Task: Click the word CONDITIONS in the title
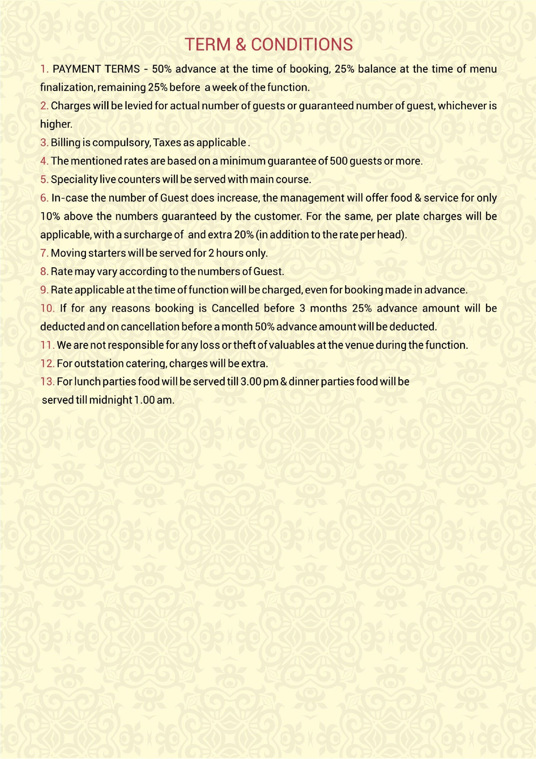point(302,45)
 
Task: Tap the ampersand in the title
point(241,45)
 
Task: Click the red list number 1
point(44,69)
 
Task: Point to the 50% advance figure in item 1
point(162,69)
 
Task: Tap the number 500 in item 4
point(339,161)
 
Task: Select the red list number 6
point(44,198)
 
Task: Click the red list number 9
point(44,290)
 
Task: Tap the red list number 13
point(47,382)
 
